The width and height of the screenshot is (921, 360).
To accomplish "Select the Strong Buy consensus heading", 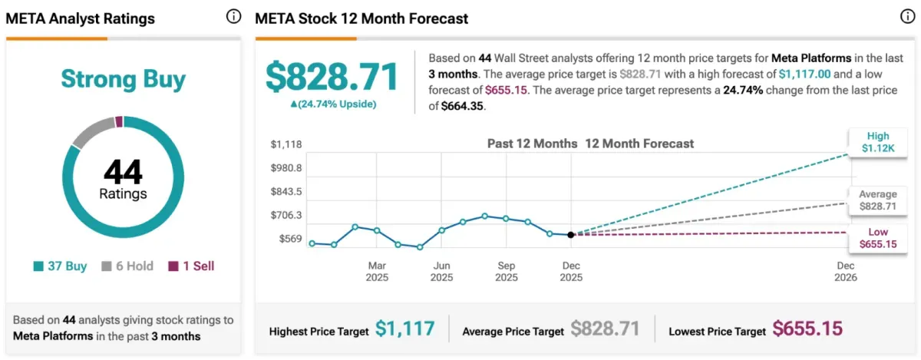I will click(x=123, y=79).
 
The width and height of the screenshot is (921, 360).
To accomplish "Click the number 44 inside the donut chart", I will click(x=123, y=171).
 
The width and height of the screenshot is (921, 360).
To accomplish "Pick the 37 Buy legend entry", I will click(x=61, y=266).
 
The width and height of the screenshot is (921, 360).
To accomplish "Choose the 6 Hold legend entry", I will click(x=127, y=266).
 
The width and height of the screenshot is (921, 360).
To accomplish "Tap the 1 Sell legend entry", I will click(x=191, y=266).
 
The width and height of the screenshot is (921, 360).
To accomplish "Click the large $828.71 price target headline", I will click(x=332, y=78).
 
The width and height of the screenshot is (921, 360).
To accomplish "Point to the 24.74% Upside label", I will click(x=332, y=104).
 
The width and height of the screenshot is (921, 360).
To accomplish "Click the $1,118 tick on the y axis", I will click(x=286, y=144).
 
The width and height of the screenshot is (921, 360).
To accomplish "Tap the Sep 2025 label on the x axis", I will click(x=507, y=272).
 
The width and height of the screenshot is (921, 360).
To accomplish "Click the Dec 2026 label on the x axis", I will click(x=845, y=272).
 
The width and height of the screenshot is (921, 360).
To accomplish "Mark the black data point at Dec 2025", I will click(x=570, y=235).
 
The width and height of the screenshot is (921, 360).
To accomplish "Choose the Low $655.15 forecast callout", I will click(x=873, y=238).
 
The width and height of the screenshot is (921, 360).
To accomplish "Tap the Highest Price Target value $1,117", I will click(x=404, y=329).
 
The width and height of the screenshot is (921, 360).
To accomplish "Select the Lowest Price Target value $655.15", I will click(x=807, y=329).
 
